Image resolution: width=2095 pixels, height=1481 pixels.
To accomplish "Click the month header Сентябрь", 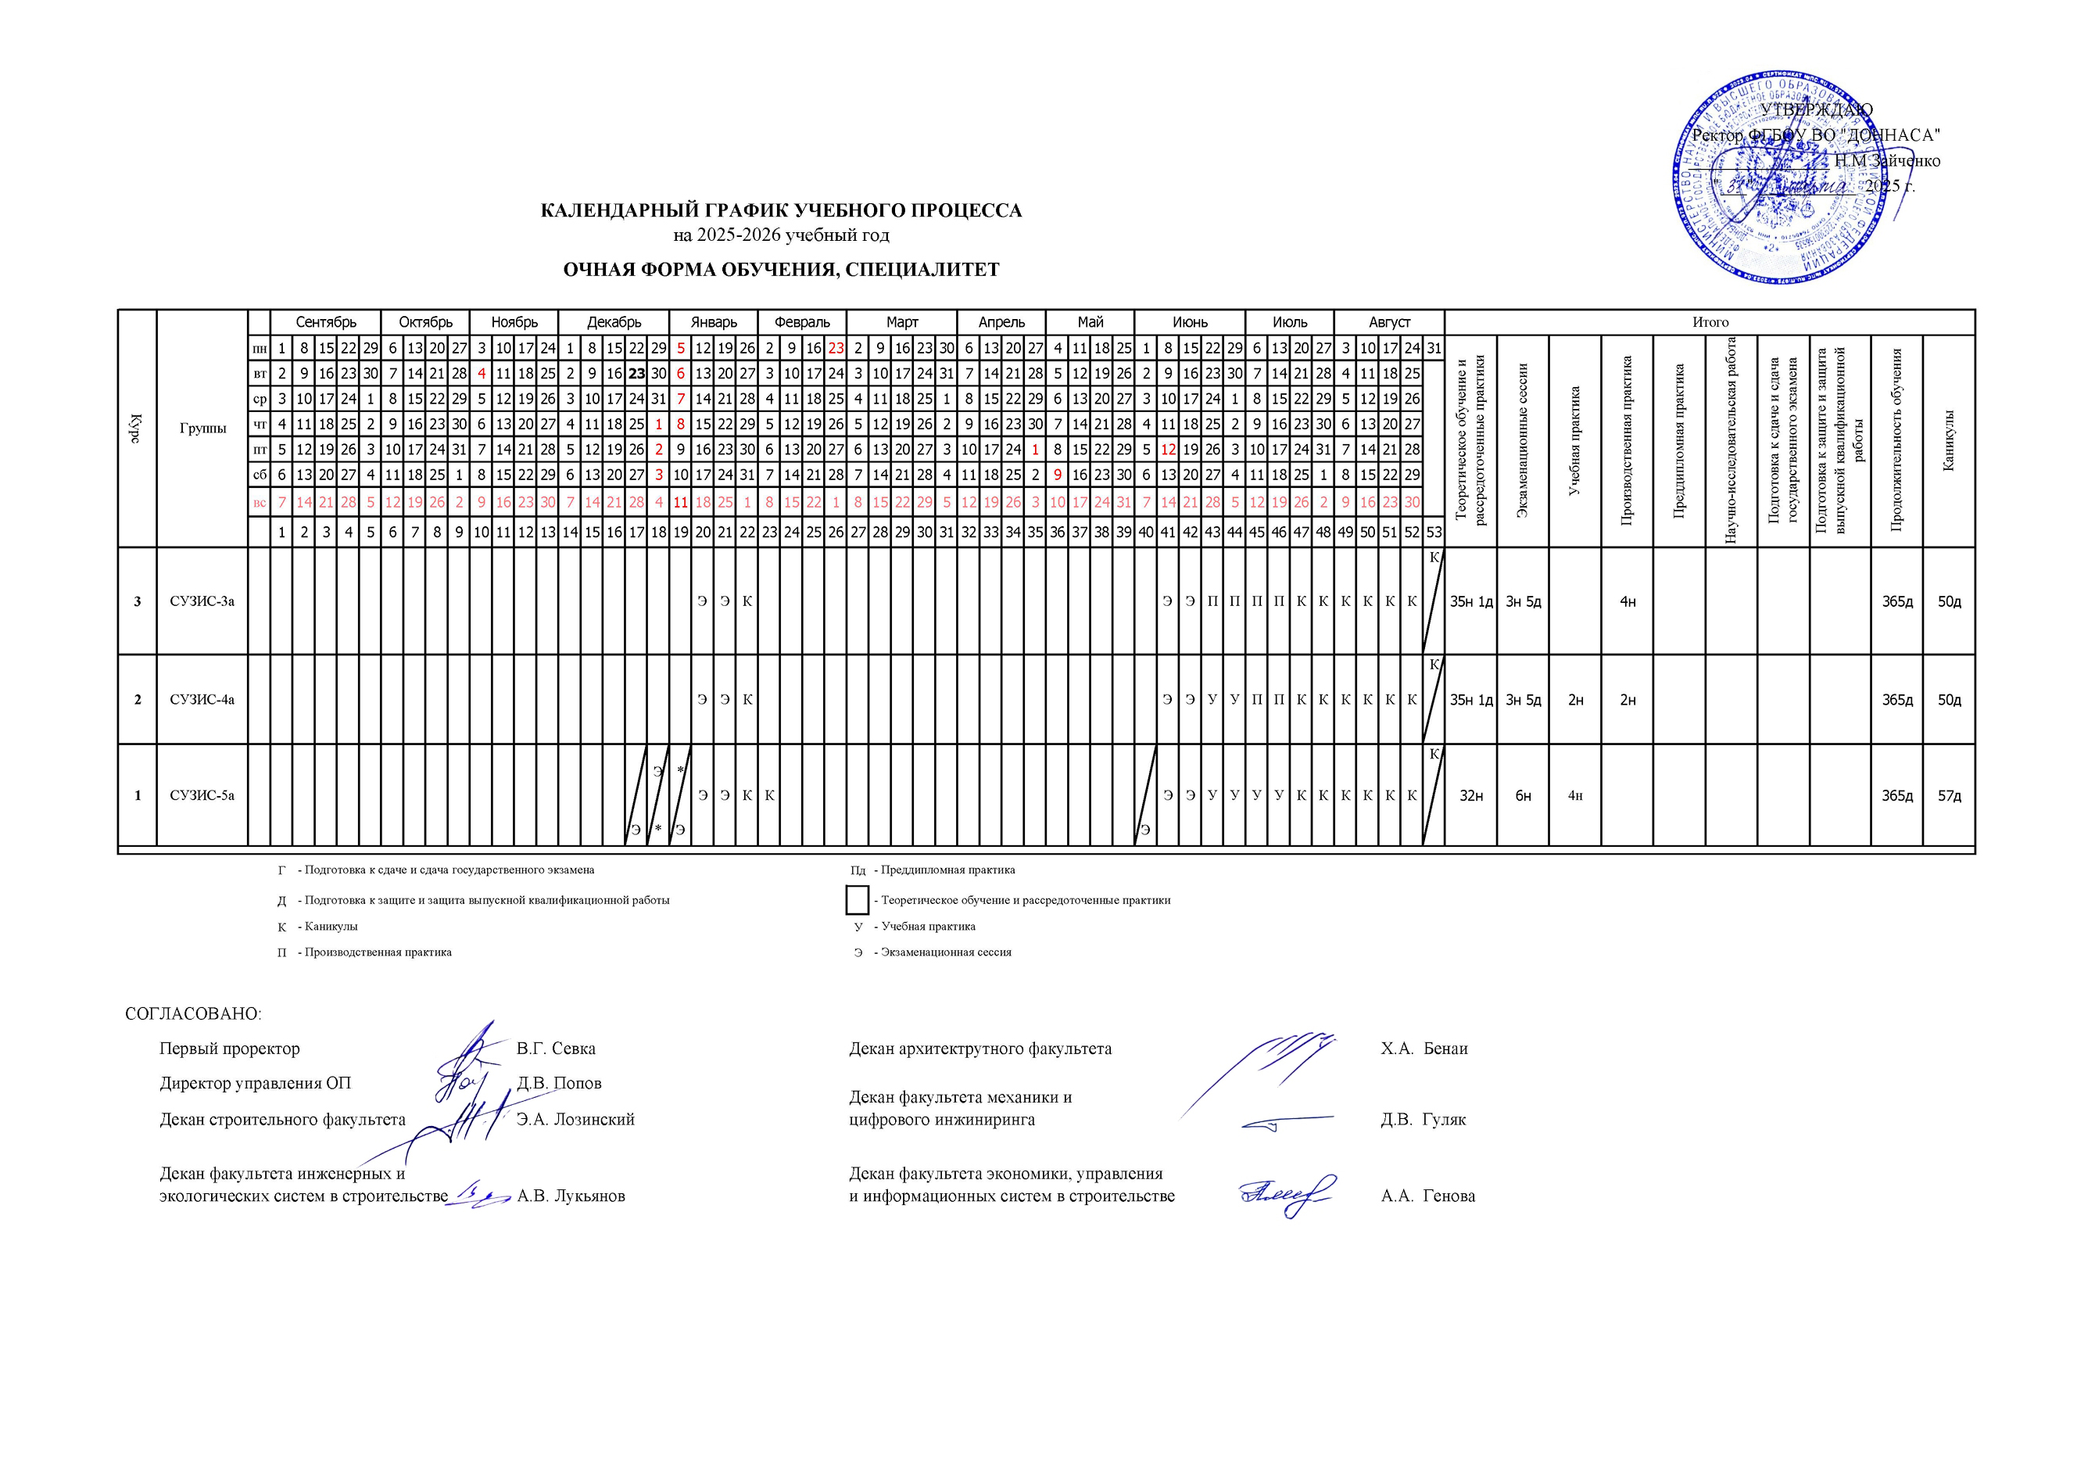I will click(x=325, y=322).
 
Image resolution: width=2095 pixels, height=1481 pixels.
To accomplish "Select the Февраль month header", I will click(x=802, y=322).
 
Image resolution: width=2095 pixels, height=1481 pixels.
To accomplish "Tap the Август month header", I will click(x=1389, y=322).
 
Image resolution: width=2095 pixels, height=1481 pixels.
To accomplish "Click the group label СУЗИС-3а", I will click(x=202, y=601).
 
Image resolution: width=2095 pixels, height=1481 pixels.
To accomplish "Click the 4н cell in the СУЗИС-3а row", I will click(x=1627, y=601).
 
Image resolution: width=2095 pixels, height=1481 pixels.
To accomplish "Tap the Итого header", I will click(x=1710, y=322).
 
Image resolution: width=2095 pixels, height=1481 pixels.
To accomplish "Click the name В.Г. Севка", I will click(x=556, y=1049).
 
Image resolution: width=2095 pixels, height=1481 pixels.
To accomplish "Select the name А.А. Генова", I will click(x=1428, y=1196).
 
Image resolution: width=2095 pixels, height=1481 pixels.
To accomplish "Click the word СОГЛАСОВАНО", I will click(x=192, y=1014).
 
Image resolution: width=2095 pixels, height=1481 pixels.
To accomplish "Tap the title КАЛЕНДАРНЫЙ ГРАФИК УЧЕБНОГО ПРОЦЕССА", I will click(x=781, y=211).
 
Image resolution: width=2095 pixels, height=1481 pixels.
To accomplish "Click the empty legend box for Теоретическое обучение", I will click(x=857, y=900).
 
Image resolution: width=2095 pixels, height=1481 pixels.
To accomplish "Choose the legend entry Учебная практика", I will click(x=927, y=926).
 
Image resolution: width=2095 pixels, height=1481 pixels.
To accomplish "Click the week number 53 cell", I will click(x=1434, y=532).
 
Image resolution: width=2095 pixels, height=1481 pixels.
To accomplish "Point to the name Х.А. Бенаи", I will click(x=1424, y=1049).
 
